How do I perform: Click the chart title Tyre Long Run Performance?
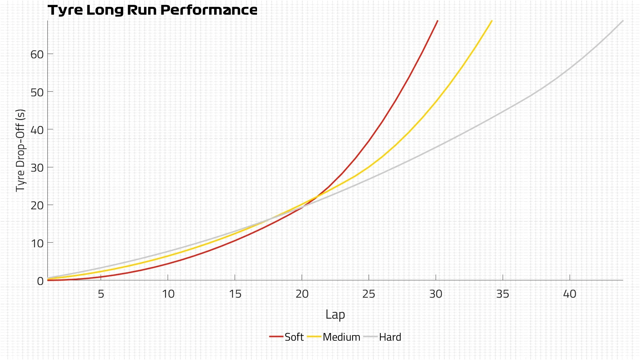tap(152, 10)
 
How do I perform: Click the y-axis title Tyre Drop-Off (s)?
tap(20, 150)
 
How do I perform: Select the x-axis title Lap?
tap(335, 315)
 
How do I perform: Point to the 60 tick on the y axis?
tap(37, 54)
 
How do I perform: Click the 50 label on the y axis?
tap(37, 92)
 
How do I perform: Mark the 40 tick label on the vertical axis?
tap(37, 130)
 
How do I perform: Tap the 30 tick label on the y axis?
tap(37, 168)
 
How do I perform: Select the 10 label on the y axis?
tap(37, 243)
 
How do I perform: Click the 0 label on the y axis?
tap(40, 281)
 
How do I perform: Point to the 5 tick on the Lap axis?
tap(101, 294)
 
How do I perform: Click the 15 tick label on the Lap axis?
tap(235, 294)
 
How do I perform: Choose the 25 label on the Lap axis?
tap(369, 294)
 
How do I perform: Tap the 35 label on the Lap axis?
tap(503, 294)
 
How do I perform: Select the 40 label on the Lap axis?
tap(570, 294)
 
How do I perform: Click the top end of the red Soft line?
tap(437, 21)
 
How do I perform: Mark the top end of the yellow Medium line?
tap(492, 21)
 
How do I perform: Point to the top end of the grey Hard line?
tap(623, 21)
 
